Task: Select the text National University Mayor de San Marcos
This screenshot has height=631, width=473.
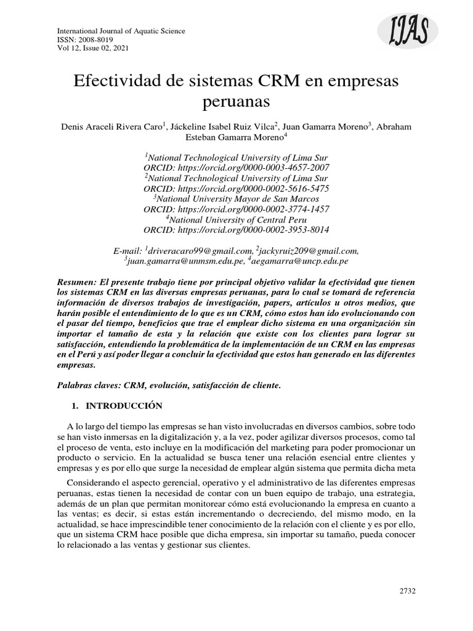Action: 238,199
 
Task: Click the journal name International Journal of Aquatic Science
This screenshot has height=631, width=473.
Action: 121,31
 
